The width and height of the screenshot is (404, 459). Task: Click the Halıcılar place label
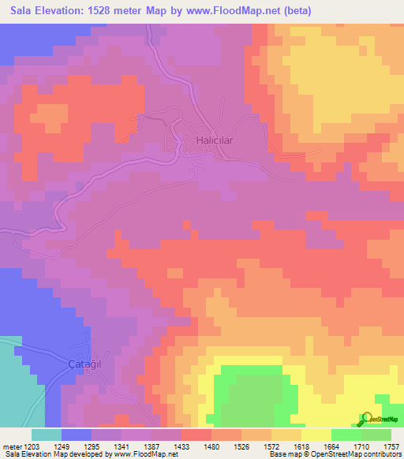tap(215, 140)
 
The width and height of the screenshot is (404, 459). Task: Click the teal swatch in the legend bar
tap(46, 435)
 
